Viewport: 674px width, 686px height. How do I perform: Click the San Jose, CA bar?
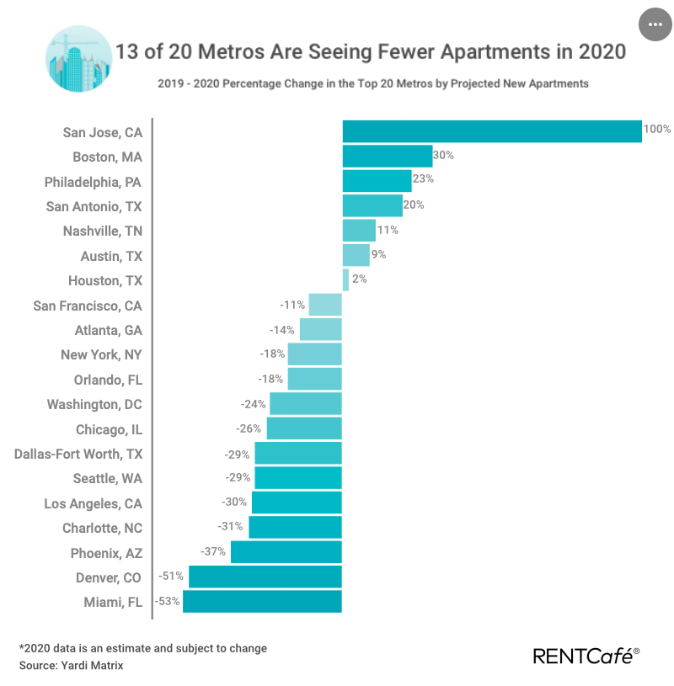[492, 131]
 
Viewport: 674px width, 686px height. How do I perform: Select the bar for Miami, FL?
[262, 602]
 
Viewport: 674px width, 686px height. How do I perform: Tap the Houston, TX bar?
[345, 279]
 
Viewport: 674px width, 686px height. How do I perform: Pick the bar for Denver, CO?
[265, 577]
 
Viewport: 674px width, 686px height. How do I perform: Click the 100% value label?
[657, 130]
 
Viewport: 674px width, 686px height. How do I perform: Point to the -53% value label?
[167, 601]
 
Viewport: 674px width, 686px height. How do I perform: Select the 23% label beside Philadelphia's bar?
[422, 179]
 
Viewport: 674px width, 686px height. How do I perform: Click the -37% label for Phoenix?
[214, 551]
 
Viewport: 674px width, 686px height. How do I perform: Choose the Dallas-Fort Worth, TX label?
[78, 454]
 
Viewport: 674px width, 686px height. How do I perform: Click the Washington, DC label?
[94, 404]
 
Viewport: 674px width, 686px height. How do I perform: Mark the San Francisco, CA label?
[88, 306]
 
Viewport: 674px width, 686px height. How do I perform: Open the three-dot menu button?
[655, 24]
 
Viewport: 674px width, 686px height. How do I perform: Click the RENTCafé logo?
[586, 655]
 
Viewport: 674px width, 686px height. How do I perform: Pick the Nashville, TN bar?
[359, 231]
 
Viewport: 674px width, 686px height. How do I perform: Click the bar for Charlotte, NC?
[295, 528]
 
